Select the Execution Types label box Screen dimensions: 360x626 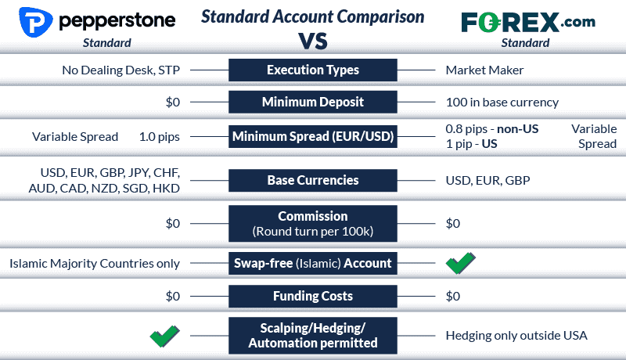coord(313,70)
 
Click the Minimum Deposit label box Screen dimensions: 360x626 coord(313,102)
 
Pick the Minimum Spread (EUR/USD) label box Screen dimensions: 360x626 coord(313,137)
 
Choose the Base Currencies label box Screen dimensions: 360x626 coord(313,180)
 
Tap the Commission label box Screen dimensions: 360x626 coord(313,223)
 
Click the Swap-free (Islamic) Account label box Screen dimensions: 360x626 coord(313,263)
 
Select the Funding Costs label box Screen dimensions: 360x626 coord(313,296)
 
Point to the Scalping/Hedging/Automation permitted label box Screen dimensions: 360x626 coord(313,335)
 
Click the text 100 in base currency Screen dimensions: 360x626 coord(501,103)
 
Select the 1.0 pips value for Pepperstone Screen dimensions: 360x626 coord(160,137)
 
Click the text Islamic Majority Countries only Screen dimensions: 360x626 coord(95,264)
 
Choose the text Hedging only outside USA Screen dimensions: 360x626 coord(516,336)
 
